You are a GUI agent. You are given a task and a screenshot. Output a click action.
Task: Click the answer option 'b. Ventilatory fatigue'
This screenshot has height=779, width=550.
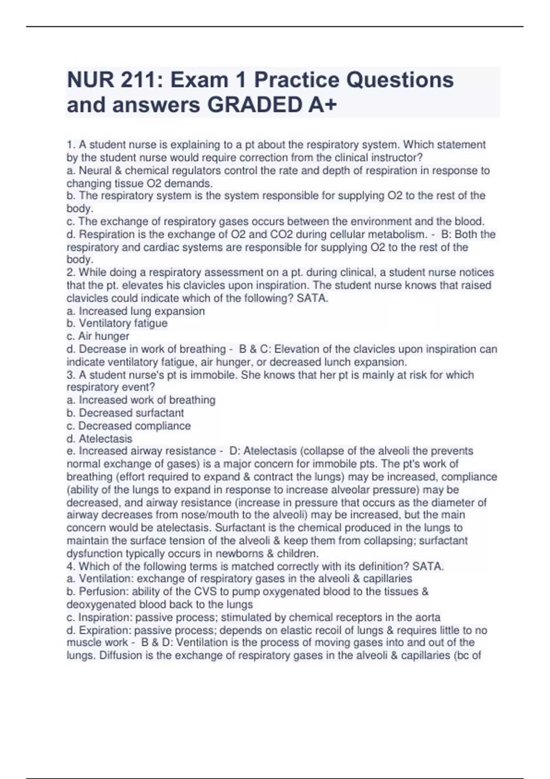(x=117, y=324)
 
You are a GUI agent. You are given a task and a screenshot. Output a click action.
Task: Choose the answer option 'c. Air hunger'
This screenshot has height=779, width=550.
(x=98, y=336)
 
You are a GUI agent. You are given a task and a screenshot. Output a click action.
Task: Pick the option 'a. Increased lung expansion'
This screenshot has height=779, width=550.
(x=136, y=311)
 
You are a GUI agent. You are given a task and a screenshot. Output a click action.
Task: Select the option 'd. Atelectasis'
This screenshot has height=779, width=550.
(x=99, y=439)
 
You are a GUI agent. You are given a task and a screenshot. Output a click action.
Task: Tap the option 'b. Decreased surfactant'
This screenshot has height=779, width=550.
(x=125, y=413)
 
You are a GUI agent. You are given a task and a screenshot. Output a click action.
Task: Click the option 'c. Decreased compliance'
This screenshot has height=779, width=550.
(x=129, y=426)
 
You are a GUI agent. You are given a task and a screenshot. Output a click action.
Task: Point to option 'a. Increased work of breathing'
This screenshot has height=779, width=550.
(x=141, y=400)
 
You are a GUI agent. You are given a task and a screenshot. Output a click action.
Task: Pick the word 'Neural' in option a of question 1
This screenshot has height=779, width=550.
(x=94, y=170)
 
